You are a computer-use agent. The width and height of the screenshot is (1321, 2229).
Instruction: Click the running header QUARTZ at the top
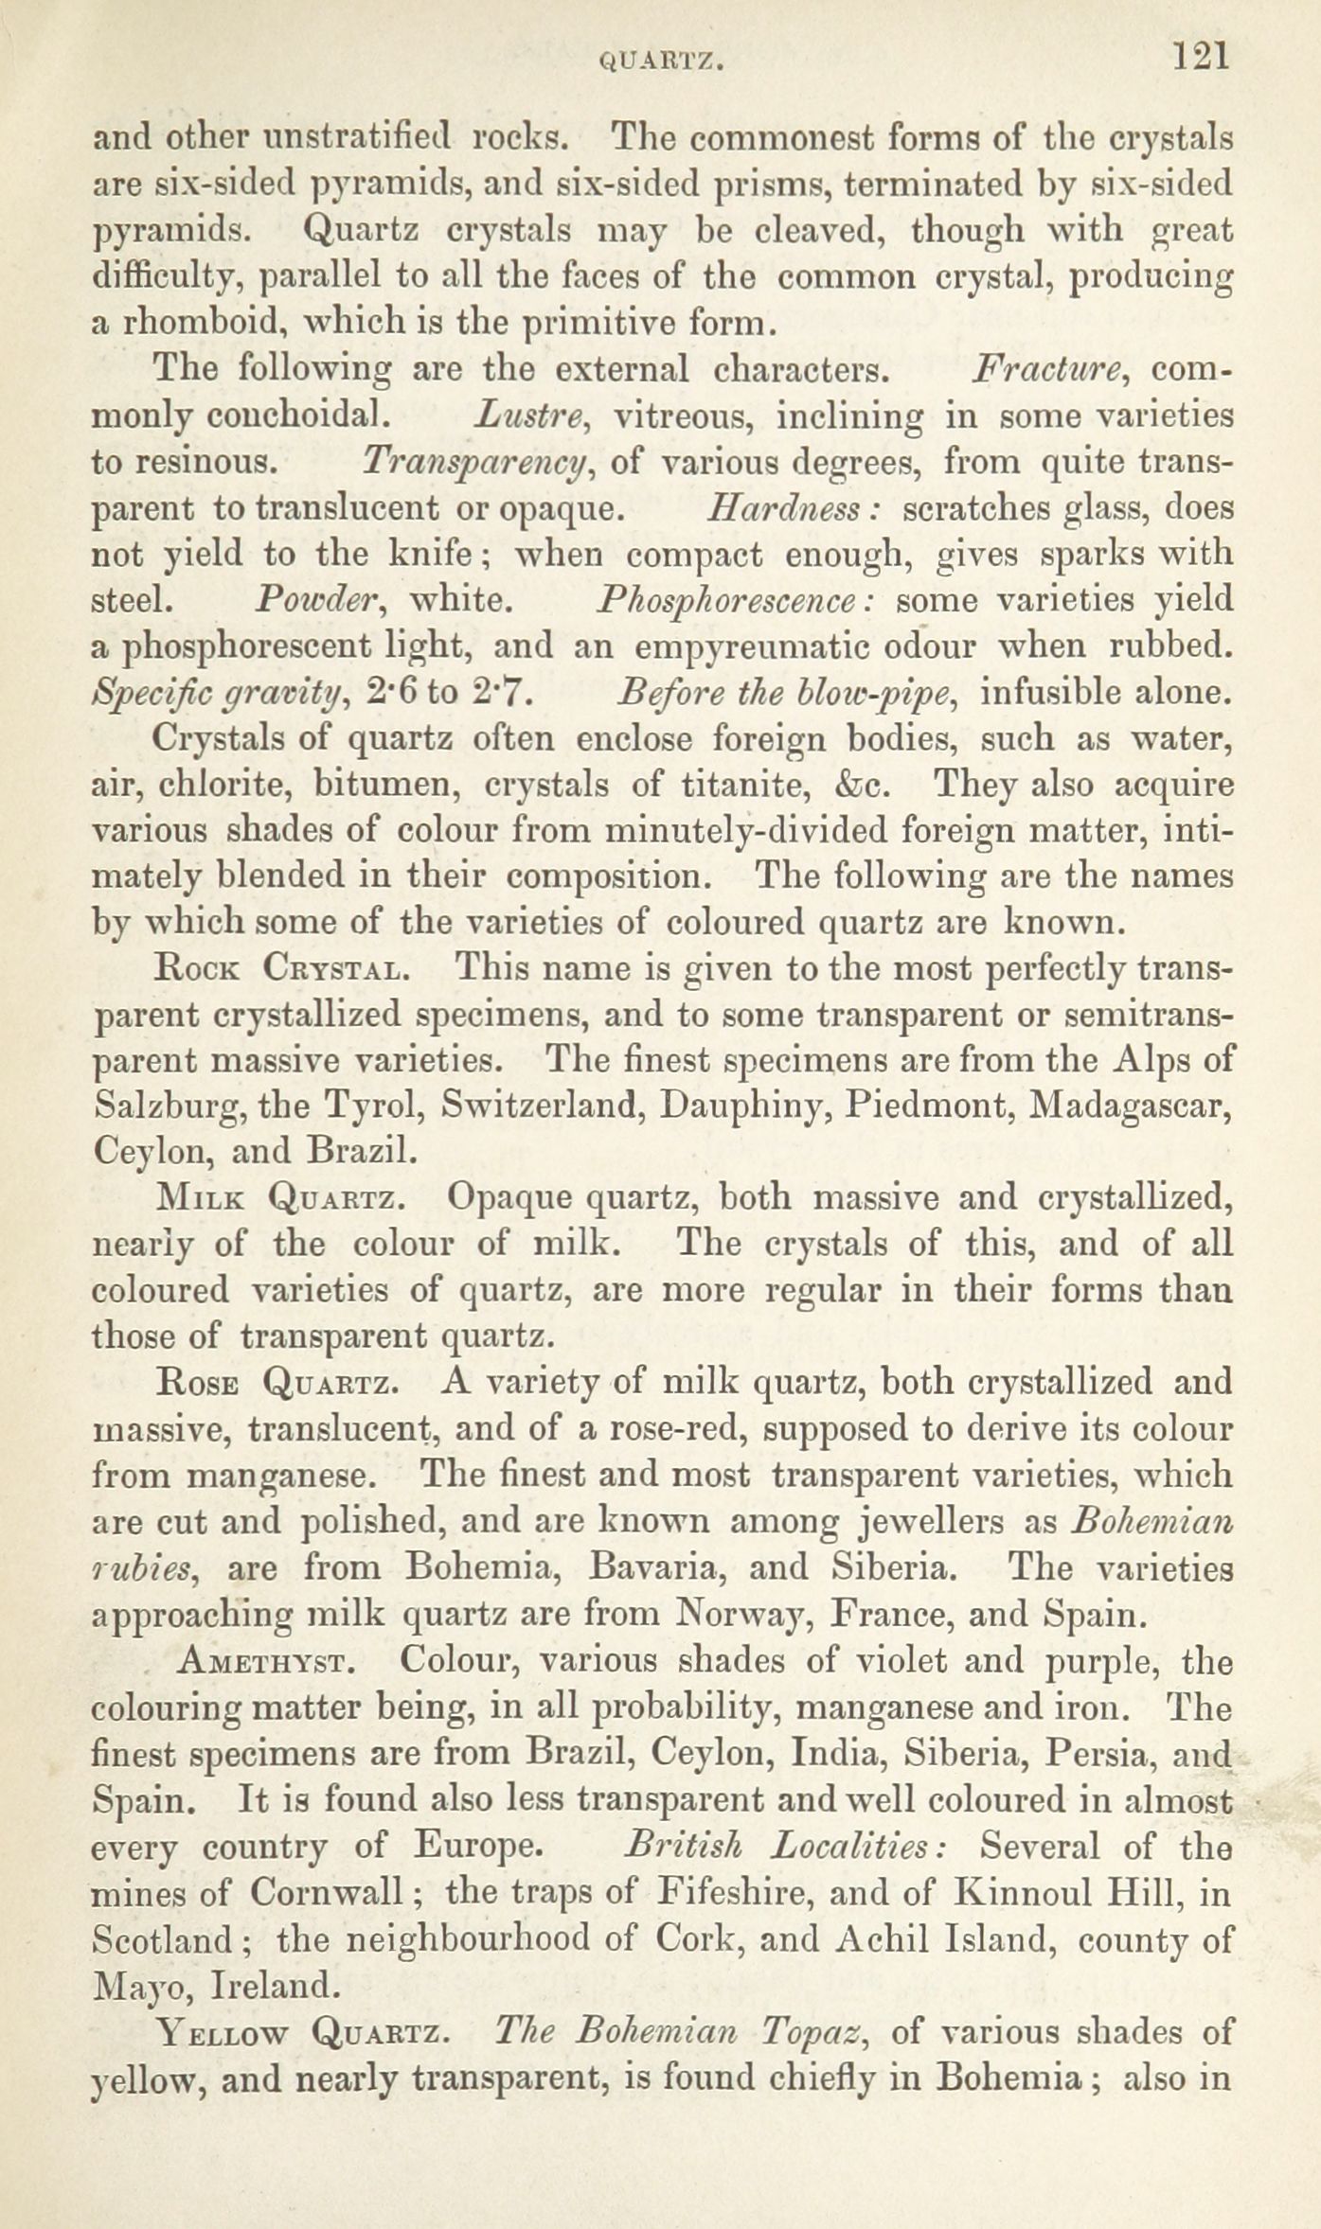(x=663, y=62)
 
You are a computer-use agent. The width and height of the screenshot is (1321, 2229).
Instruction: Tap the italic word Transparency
(x=479, y=463)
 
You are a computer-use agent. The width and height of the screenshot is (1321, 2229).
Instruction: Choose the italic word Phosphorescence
(x=741, y=601)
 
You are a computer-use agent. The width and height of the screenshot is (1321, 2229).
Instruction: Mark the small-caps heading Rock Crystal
(x=281, y=968)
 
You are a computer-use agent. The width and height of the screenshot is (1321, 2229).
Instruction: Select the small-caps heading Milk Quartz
(x=281, y=1199)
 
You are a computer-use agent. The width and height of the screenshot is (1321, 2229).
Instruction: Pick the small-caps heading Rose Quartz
(x=281, y=1384)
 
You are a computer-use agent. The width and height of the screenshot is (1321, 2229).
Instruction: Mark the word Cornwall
(x=328, y=1893)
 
